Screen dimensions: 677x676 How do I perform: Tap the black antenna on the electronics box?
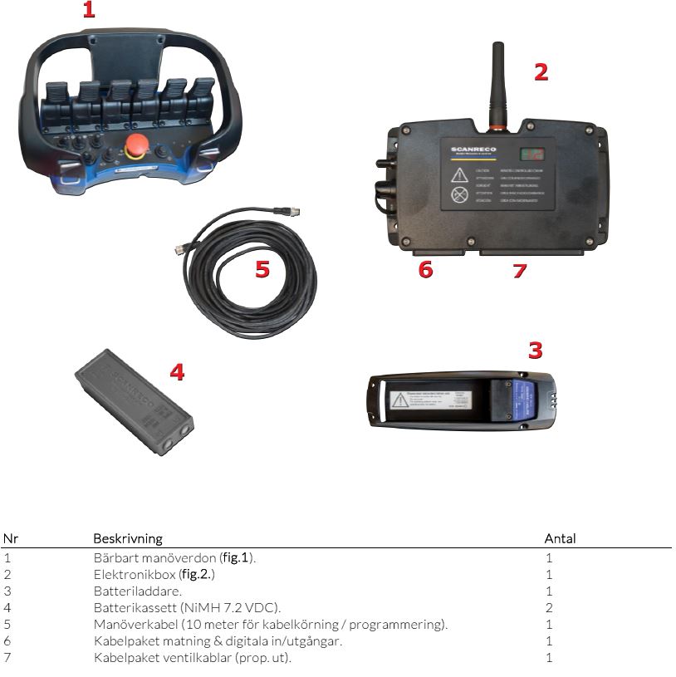point(498,83)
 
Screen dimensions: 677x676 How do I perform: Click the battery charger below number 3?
point(461,400)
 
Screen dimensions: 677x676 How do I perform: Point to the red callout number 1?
point(89,11)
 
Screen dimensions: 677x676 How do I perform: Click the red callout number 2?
point(541,72)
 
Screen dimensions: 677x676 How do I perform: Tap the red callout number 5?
point(262,270)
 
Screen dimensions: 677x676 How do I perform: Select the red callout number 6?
point(426,270)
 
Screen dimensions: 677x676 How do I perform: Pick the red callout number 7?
point(520,271)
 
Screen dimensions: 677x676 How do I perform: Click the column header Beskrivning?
point(127,538)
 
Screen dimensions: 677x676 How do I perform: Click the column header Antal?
point(560,538)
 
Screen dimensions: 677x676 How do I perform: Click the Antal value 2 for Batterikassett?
point(549,608)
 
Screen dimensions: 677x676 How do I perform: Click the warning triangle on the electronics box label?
point(459,175)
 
